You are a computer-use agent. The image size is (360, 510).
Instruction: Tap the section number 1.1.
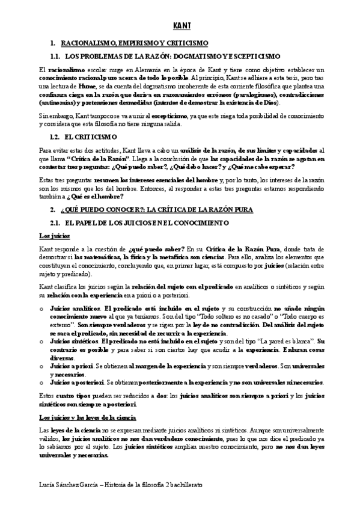click(x=56, y=55)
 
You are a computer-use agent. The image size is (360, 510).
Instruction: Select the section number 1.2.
click(x=56, y=137)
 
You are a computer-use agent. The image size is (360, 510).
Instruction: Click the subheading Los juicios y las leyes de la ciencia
click(x=87, y=416)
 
